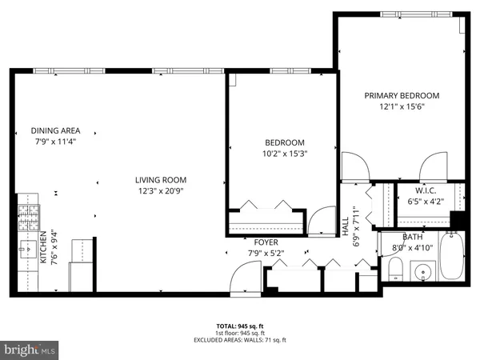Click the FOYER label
(266, 242)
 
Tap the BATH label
(412, 237)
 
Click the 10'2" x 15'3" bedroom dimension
(285, 154)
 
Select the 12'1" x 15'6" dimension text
(402, 107)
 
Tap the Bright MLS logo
(30, 350)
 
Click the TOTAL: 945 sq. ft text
(239, 327)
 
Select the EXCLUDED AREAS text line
(239, 340)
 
